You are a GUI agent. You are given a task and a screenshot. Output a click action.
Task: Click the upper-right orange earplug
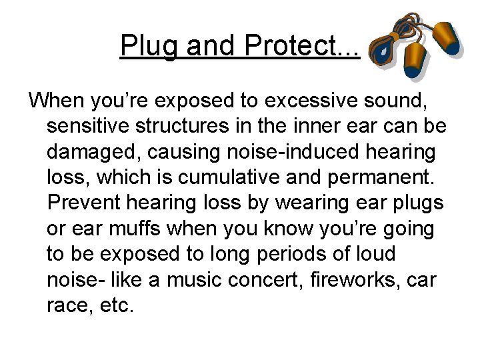[445, 37]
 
